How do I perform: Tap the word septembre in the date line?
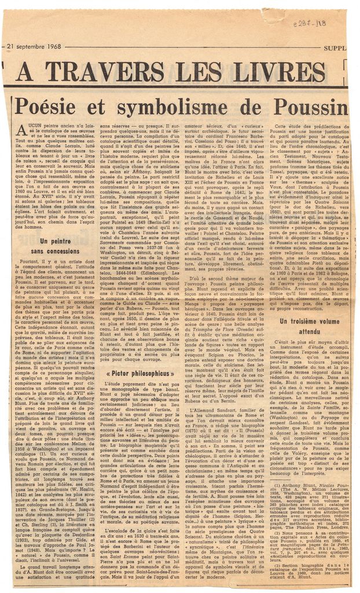pos(28,46)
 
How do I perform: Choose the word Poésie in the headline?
pos(50,107)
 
